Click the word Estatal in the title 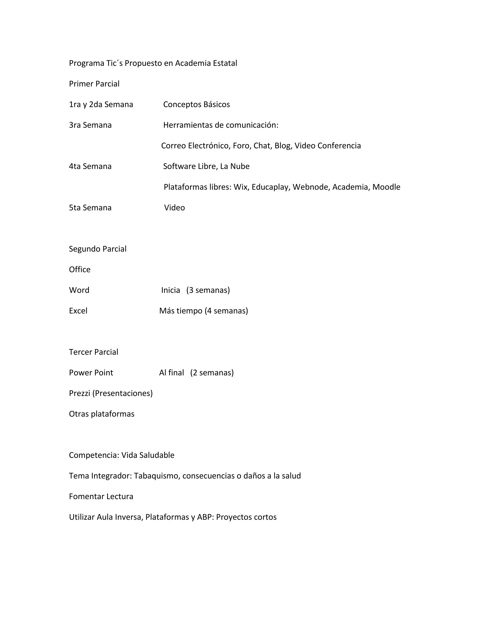point(225,63)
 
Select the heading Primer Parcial point(94,84)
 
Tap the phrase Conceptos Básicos point(196,104)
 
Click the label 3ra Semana point(90,125)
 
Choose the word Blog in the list point(283,146)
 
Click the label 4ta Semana point(90,166)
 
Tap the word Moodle point(386,187)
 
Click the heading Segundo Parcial point(98,249)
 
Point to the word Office point(80,270)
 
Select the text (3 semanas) point(208,290)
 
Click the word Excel point(78,311)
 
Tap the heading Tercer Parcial point(93,352)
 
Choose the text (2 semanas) point(212,373)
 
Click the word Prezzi point(79,393)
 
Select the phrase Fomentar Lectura point(101,496)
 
